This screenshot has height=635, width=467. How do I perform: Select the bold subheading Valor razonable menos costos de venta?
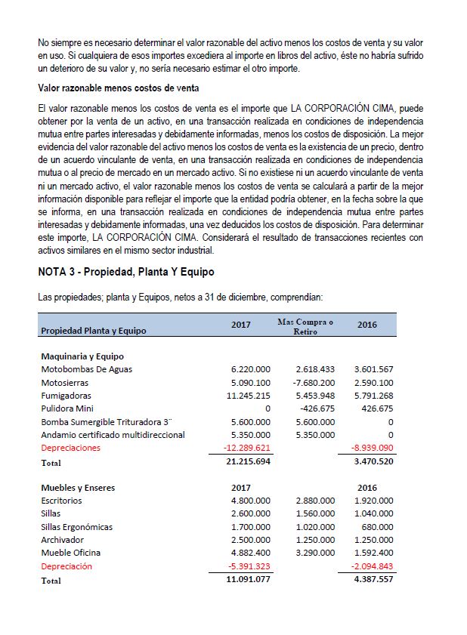click(x=118, y=88)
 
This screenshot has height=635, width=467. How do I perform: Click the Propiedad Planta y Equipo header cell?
click(x=94, y=331)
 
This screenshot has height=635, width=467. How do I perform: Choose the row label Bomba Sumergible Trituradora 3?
click(x=107, y=421)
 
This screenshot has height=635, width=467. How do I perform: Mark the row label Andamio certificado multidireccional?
click(x=113, y=435)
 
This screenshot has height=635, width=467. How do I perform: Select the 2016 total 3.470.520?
click(x=373, y=461)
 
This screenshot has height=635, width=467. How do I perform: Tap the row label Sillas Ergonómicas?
click(x=77, y=527)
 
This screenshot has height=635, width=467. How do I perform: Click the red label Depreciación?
click(x=66, y=566)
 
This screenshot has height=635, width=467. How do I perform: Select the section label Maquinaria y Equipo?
click(x=82, y=356)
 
